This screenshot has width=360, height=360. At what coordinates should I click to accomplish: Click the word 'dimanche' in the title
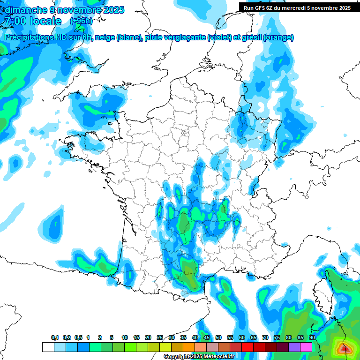pos(23,10)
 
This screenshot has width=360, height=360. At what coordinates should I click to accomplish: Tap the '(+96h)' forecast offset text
pos(82,21)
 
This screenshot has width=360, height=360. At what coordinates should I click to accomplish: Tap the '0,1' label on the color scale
pos(54,338)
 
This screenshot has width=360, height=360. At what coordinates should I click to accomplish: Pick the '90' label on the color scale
pos(312,338)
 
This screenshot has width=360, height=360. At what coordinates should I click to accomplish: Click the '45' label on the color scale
pos(206,338)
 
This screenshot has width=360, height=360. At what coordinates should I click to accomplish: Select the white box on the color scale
pos(48,347)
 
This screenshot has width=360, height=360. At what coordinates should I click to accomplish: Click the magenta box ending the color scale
pos(306,347)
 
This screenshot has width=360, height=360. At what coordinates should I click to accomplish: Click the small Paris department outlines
pos(184,132)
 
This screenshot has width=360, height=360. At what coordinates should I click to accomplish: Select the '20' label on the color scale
pos(148,338)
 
